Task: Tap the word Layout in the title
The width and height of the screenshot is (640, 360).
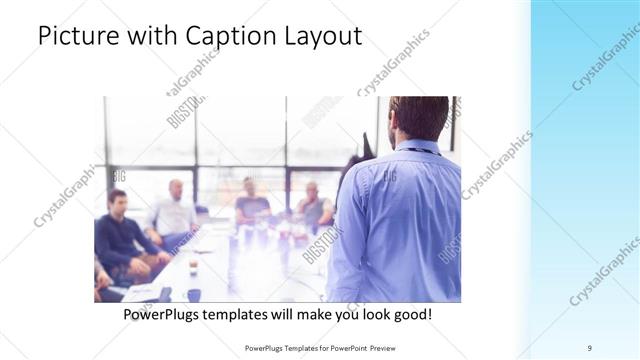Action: [x=322, y=36]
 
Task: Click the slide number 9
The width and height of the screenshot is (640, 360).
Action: [x=590, y=347]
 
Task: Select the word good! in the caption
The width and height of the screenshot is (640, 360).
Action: [x=411, y=314]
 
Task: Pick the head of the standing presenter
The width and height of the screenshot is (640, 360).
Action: [x=418, y=117]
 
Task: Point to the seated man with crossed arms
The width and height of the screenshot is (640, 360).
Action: [x=314, y=206]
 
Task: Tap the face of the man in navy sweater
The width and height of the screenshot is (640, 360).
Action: [x=119, y=203]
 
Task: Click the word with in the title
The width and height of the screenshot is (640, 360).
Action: [x=148, y=36]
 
